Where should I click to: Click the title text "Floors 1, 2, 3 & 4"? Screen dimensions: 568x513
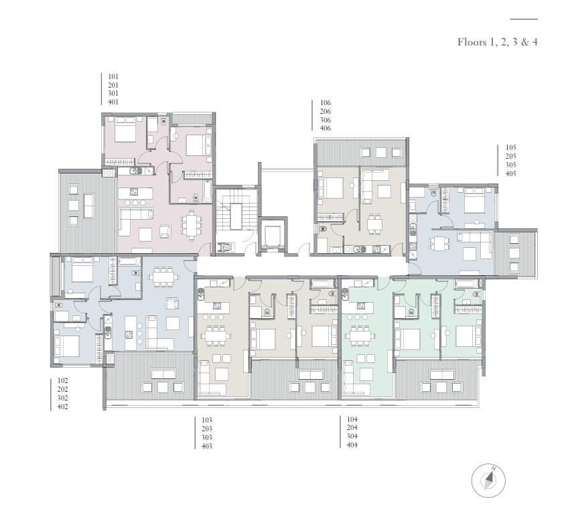498,42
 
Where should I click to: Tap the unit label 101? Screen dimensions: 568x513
113,76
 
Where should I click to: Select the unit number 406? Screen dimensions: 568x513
326,129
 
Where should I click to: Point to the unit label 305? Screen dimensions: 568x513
511,165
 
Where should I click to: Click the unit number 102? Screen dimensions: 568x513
62,380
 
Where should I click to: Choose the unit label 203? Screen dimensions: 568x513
207,429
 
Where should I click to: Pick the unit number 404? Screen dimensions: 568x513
352,445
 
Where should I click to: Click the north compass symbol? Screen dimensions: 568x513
488,480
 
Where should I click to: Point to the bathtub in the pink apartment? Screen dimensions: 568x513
207,192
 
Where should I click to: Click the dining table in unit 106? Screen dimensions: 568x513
374,224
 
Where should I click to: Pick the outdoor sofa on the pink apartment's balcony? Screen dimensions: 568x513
88,206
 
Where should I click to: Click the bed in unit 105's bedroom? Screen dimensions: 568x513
474,200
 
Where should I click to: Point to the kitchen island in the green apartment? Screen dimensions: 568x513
359,307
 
